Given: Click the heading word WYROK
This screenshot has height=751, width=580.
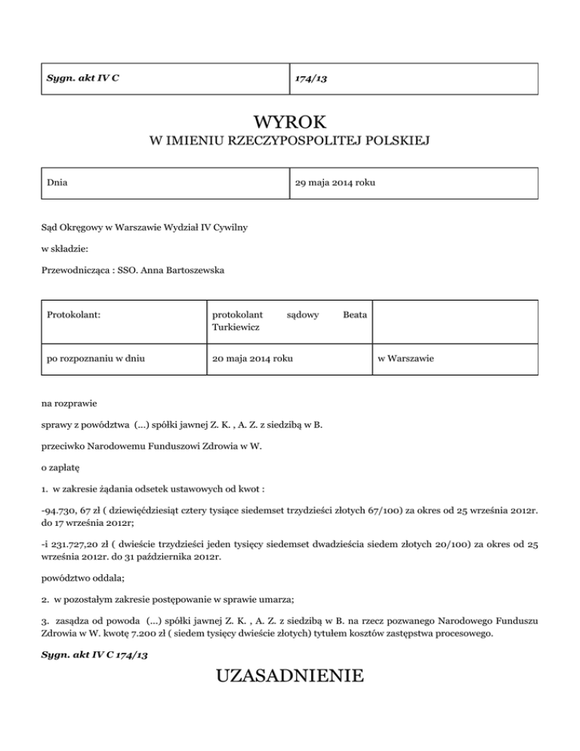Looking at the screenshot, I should point(290,121).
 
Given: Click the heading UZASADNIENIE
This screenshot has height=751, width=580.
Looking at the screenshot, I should point(290,675).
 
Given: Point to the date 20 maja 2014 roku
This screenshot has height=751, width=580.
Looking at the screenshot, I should point(252,358).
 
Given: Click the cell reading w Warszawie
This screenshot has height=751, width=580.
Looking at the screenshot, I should point(405,358).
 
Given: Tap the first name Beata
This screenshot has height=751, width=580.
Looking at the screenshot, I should point(355,314).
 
